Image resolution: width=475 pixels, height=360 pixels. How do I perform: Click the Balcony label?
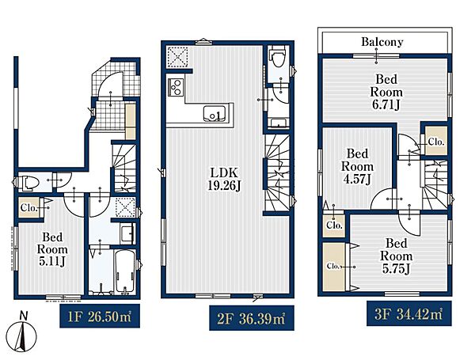point(382,42)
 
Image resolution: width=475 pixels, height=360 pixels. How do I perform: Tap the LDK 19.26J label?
point(224,180)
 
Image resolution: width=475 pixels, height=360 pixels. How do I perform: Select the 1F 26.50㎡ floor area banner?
point(100,316)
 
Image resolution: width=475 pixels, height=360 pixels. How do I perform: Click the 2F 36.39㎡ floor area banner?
point(252,318)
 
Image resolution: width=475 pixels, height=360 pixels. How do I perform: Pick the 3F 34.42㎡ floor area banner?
point(409,313)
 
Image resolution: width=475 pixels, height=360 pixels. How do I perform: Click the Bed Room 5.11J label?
point(52,249)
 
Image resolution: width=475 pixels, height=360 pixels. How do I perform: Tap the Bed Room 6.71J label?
point(386,92)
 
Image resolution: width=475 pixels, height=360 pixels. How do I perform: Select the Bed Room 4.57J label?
point(358,166)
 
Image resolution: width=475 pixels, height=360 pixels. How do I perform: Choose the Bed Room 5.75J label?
point(397,256)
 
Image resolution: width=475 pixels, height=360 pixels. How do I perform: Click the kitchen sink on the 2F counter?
point(215,114)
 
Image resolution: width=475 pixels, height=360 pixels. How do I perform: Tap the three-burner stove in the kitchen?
point(176,87)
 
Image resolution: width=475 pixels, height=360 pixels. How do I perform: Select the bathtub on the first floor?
point(125,271)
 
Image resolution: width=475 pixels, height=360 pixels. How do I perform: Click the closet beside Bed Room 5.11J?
point(29,208)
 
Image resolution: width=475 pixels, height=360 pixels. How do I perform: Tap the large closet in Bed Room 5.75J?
point(334,267)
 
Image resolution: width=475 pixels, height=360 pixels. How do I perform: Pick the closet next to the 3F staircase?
point(436,141)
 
